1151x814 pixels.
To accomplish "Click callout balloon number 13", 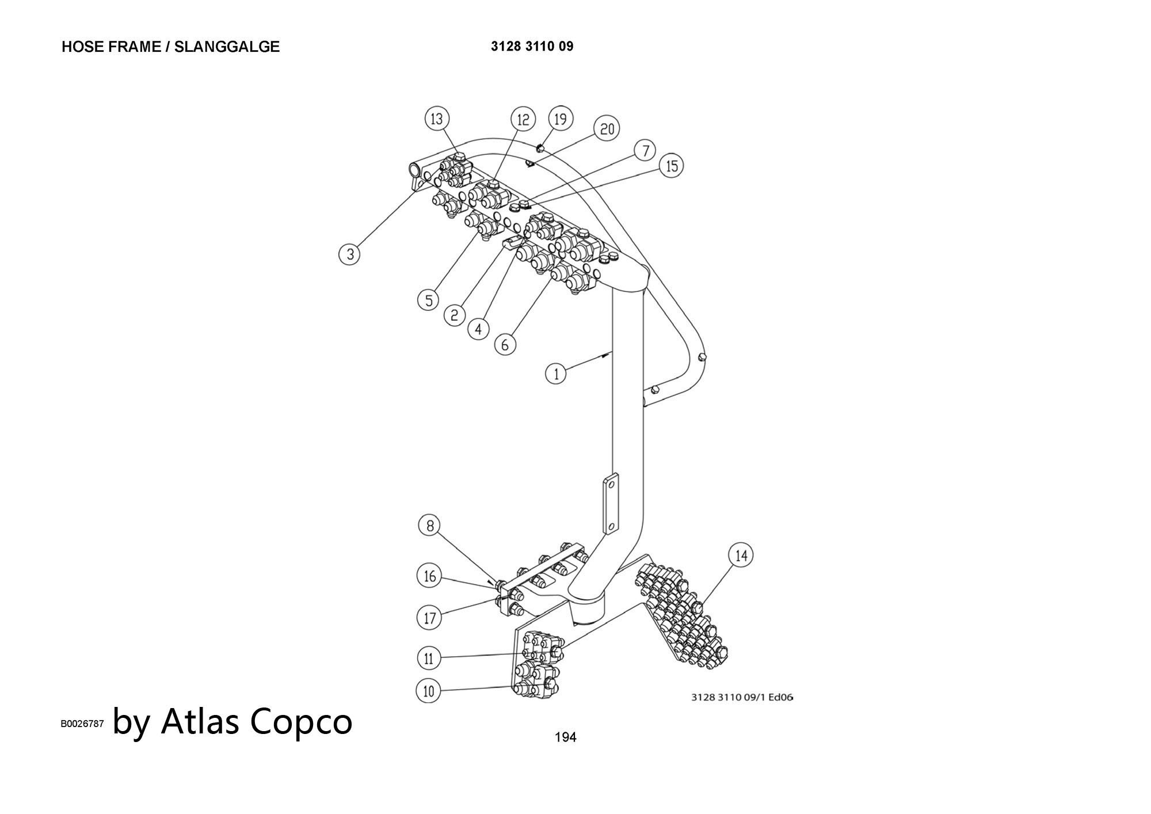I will [437, 119].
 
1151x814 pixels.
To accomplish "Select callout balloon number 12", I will [523, 120].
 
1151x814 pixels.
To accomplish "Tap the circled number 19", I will [560, 119].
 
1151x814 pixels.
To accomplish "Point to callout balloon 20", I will [607, 129].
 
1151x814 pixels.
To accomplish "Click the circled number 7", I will [646, 151].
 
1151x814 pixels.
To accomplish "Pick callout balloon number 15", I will [672, 166].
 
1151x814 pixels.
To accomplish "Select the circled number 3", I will [349, 253].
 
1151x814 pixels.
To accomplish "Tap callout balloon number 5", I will [428, 300].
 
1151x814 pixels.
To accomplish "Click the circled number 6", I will [505, 344].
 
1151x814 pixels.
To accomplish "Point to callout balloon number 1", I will [556, 374].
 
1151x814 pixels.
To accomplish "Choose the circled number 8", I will [429, 526].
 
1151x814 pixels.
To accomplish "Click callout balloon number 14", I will [741, 556].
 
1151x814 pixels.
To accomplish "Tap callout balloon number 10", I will [428, 691].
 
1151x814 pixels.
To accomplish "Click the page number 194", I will [565, 737].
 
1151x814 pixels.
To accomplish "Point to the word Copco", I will [301, 721].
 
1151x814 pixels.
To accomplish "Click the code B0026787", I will [82, 724].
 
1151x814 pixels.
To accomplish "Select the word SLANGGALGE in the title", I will [227, 47].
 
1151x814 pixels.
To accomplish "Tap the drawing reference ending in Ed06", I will [742, 697].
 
